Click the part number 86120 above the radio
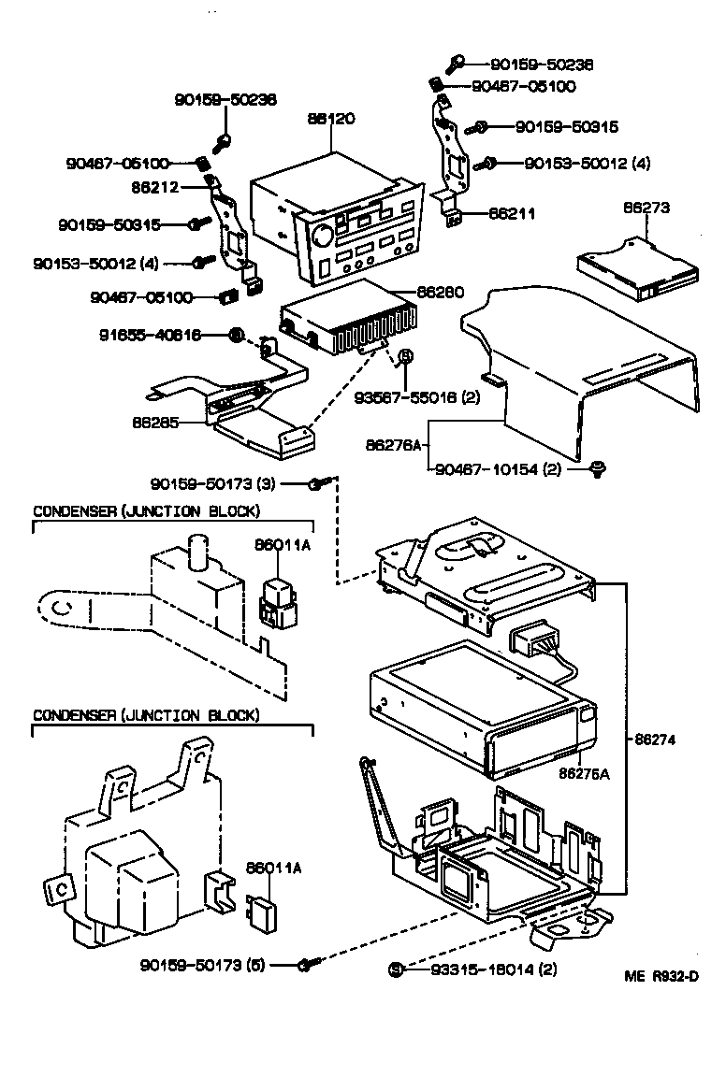point(331,119)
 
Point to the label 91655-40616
point(151,335)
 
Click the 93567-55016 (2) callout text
point(416,396)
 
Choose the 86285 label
point(156,422)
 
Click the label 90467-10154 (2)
point(499,469)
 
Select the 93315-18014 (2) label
point(493,969)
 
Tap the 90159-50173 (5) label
point(206,964)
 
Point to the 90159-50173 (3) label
point(213,483)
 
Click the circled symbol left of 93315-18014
point(396,969)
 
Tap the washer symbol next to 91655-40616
point(237,335)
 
